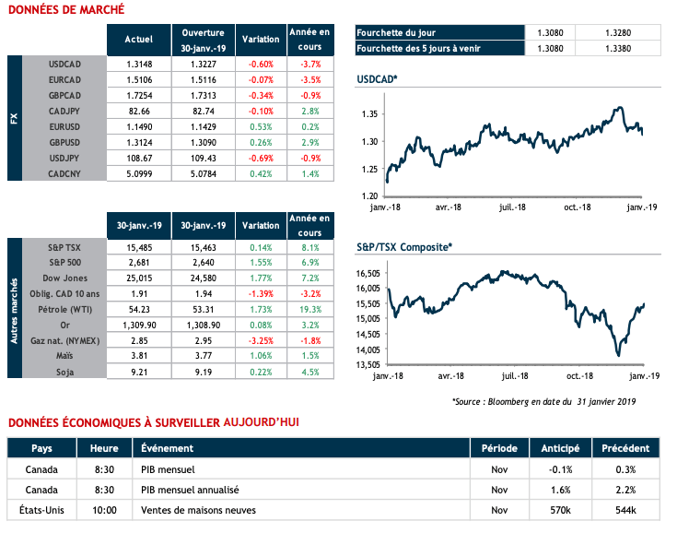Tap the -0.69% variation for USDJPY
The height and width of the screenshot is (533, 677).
(x=261, y=158)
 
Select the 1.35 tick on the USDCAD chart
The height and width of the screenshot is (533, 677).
(x=370, y=113)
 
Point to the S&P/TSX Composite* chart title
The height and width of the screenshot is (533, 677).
(x=405, y=247)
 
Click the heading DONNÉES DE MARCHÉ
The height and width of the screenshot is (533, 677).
(x=65, y=9)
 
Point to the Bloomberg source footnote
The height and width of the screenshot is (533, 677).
(x=543, y=401)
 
